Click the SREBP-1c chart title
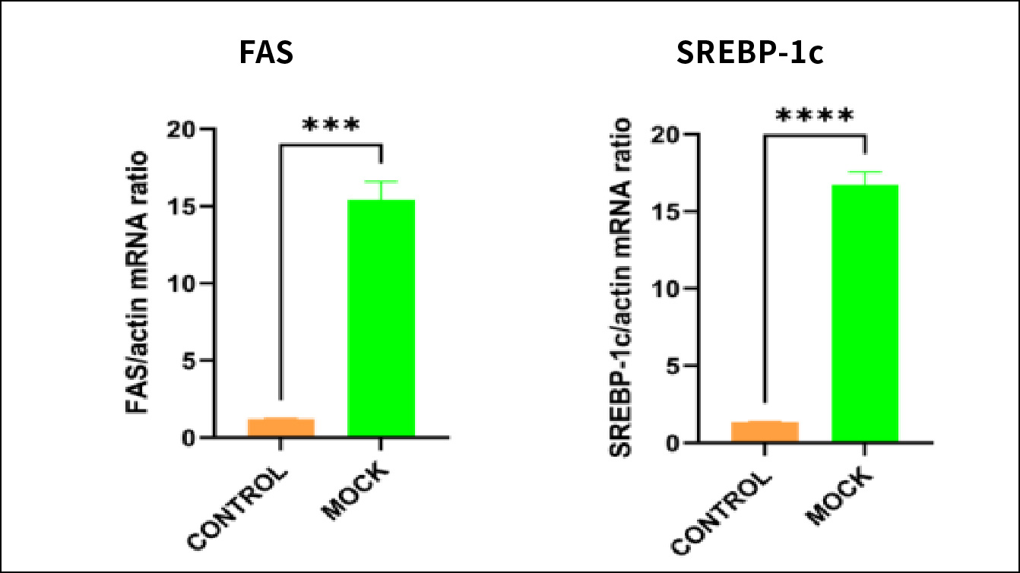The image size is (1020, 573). click(749, 55)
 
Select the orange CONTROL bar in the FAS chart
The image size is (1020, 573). click(281, 427)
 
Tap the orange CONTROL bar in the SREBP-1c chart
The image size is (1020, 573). click(765, 432)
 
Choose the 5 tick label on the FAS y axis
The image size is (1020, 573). click(189, 361)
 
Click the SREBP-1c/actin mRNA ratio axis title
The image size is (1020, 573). click(622, 287)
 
